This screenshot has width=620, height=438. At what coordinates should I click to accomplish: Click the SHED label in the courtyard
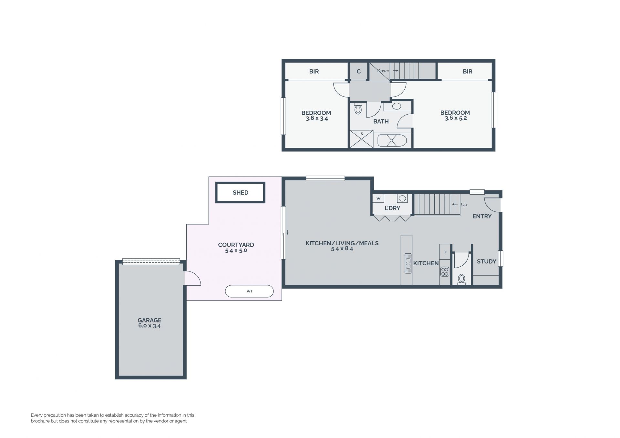pos(241,193)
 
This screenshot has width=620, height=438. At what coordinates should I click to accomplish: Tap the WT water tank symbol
pos(249,291)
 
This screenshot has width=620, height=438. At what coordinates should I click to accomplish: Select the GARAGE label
pos(150,320)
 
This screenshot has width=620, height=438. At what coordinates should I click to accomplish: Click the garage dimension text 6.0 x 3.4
pos(150,326)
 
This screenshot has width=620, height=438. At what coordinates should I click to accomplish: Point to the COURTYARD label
pos(236,245)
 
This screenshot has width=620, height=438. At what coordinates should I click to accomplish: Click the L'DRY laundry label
pos(392,208)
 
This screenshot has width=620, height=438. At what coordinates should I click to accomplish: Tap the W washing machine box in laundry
pos(378,199)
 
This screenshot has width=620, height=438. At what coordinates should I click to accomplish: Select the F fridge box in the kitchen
pos(445,252)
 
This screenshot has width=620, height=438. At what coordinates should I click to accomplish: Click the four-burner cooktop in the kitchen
pos(445,272)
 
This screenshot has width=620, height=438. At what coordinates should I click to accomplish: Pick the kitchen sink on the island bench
pos(408,263)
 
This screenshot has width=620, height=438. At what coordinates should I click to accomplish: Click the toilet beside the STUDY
pos(461,279)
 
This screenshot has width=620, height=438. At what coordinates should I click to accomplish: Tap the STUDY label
pos(486,261)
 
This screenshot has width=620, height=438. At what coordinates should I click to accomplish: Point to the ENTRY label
pos(482,216)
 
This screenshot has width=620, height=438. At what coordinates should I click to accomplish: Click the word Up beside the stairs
pos(464,205)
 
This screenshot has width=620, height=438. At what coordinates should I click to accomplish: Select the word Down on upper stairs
pos(383,71)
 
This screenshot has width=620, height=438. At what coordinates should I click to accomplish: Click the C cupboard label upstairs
pos(358,72)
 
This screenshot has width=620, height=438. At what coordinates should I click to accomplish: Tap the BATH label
pos(381,122)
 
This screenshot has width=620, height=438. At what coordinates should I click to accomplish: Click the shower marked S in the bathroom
pos(362,139)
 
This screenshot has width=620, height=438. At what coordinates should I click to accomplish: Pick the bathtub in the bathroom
pos(392,140)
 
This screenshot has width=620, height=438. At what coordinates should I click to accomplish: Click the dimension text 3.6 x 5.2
pos(456,118)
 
